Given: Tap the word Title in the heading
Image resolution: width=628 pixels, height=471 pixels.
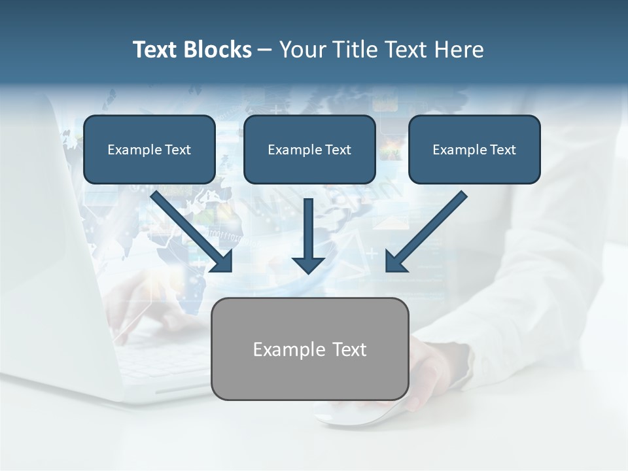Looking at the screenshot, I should [x=353, y=50].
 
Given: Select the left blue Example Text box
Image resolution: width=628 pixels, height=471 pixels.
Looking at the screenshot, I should [x=149, y=150].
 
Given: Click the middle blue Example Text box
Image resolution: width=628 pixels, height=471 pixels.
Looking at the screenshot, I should [x=309, y=150].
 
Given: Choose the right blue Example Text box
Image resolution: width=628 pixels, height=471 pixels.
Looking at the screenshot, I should [x=474, y=150].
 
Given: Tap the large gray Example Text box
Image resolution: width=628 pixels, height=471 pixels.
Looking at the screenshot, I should [x=309, y=349].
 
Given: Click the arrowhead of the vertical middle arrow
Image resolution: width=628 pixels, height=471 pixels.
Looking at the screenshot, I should [x=308, y=264].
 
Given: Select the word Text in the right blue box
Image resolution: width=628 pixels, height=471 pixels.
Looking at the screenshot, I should [x=502, y=150].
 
